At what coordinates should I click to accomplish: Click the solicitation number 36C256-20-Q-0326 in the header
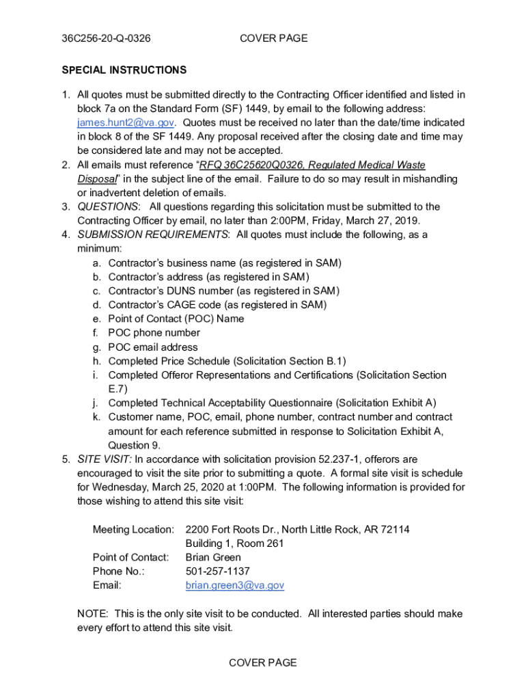click(106, 38)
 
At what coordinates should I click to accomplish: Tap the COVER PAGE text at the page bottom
click(262, 662)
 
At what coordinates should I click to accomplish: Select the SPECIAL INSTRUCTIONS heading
click(124, 70)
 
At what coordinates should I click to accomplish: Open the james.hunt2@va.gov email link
click(126, 122)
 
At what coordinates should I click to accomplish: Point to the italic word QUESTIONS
click(108, 206)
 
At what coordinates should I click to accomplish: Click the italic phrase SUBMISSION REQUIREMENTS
click(153, 234)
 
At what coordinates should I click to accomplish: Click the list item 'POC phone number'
click(154, 333)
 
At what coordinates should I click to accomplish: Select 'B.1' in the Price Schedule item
click(334, 361)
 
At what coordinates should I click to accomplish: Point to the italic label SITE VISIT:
click(105, 459)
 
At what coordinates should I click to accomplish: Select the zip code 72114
click(394, 529)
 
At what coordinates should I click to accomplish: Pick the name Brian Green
click(213, 557)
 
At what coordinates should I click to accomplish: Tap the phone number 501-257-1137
click(218, 571)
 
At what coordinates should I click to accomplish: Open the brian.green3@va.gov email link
click(235, 585)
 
